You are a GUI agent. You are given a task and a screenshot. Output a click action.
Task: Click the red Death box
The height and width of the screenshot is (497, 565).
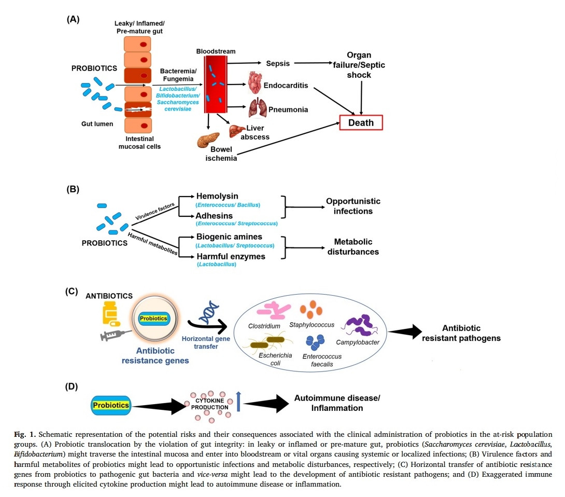click(361, 122)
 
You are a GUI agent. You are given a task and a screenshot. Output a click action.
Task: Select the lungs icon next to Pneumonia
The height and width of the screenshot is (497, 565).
click(258, 108)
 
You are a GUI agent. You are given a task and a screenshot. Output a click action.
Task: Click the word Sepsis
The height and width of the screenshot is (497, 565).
click(278, 63)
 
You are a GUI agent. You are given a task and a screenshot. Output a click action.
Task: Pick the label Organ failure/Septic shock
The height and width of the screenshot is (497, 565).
click(359, 65)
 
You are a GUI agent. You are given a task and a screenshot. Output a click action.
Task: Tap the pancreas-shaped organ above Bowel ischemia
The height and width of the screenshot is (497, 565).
click(208, 141)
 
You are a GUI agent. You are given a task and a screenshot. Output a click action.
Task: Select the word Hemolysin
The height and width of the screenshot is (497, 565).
click(217, 196)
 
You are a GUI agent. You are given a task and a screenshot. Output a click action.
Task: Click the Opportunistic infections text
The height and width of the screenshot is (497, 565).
click(353, 206)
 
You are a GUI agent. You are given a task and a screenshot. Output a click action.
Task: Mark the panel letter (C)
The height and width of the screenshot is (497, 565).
click(72, 291)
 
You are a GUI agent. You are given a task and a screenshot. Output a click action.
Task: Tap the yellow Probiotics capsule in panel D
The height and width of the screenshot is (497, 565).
click(110, 404)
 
